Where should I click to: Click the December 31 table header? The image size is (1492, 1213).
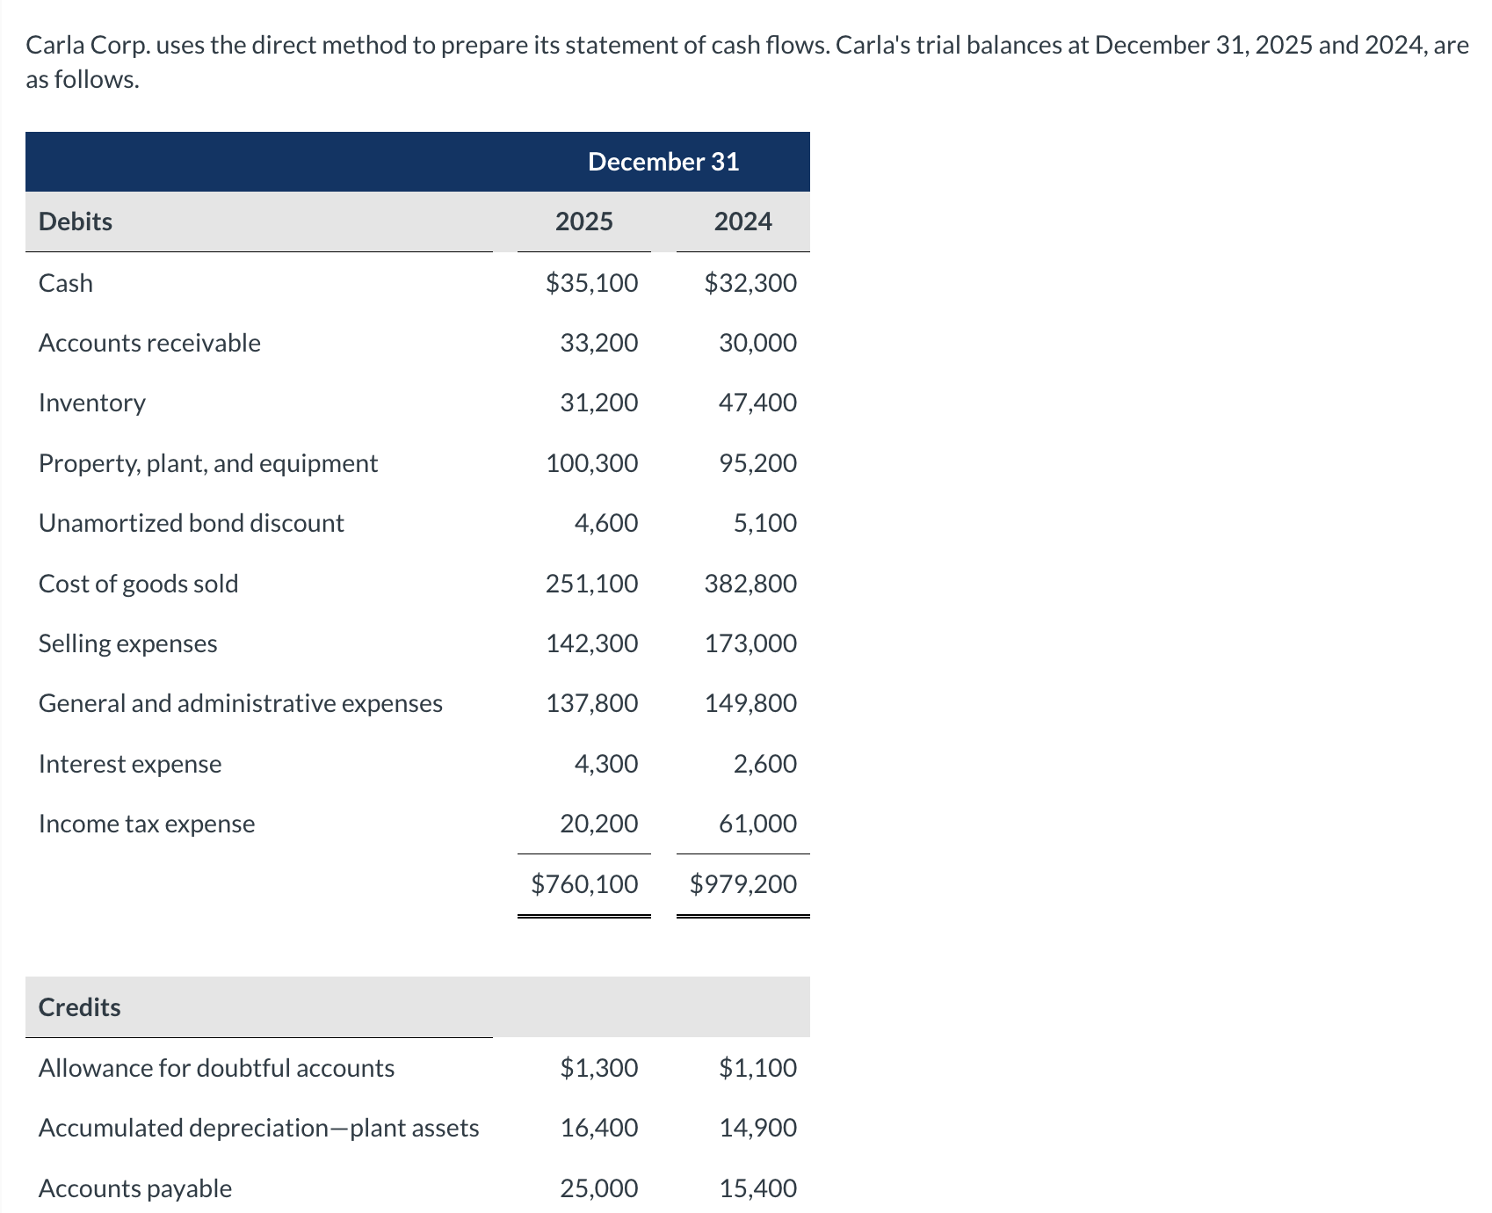click(663, 162)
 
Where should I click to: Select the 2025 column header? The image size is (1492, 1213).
click(583, 222)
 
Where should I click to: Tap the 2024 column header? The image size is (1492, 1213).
click(742, 222)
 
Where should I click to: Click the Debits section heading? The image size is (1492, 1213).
click(76, 222)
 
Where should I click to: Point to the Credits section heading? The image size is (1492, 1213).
click(80, 1007)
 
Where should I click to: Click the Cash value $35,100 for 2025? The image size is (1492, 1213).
click(591, 283)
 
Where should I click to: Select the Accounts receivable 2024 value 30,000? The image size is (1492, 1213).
click(757, 343)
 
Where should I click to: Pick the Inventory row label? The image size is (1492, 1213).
click(92, 403)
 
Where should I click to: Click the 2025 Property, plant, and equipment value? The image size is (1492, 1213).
click(591, 463)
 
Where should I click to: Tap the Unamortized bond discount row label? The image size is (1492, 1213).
click(192, 523)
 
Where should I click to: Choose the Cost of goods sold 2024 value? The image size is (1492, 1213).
click(750, 584)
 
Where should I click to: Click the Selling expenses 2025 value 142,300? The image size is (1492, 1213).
click(591, 643)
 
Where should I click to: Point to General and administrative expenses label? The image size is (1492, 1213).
click(241, 703)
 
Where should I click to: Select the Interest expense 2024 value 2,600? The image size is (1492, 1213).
click(764, 764)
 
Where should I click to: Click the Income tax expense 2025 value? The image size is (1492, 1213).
click(598, 824)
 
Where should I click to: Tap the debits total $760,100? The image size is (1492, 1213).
click(584, 884)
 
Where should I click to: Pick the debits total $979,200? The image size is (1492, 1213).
click(743, 884)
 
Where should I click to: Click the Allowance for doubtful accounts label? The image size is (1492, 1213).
click(217, 1068)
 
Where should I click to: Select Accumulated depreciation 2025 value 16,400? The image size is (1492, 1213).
click(598, 1128)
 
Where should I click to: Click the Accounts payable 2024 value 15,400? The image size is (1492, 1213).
click(757, 1188)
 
